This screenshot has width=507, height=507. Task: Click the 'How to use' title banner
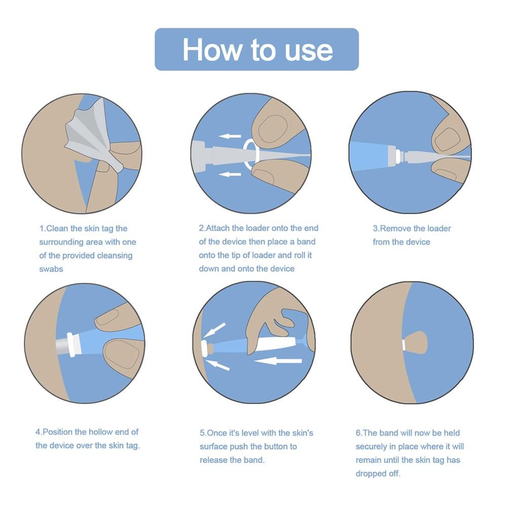pos(257,49)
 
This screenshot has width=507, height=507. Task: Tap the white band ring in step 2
pos(251,155)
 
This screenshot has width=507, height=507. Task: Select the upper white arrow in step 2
pos(230,136)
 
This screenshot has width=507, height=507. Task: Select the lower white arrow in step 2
pos(230,174)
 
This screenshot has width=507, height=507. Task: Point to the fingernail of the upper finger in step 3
pos(447,140)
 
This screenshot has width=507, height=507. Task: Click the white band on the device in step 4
pos(73,344)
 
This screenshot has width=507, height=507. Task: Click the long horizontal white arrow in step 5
pos(278,360)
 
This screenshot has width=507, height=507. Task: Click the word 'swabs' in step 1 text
pos(51,269)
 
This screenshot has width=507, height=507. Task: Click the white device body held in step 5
pos(276,343)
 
